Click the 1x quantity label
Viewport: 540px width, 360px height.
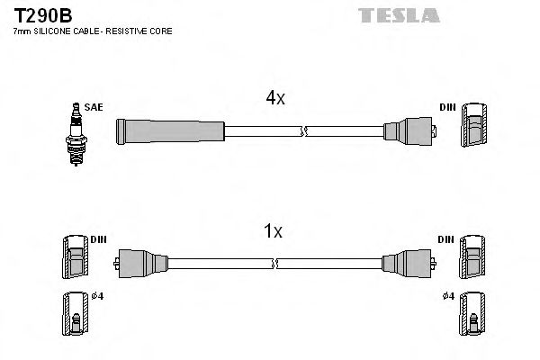(x=272, y=231)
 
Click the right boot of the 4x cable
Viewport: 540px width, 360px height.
(x=409, y=132)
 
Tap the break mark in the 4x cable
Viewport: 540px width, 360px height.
(x=306, y=132)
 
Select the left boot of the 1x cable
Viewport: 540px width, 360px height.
(x=140, y=263)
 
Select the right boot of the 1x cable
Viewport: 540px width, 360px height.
(x=404, y=263)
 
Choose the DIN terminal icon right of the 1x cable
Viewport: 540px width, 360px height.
(x=472, y=258)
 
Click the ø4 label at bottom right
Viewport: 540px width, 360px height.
(x=447, y=296)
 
